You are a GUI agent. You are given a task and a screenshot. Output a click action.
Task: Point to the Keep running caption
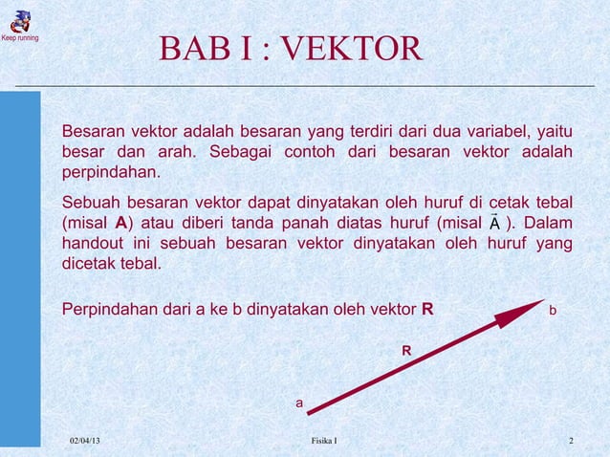[19, 38]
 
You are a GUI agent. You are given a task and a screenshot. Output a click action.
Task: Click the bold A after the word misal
[120, 223]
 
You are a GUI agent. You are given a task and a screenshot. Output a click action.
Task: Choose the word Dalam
[549, 223]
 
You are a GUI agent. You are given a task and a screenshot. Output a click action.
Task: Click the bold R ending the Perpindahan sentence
[427, 310]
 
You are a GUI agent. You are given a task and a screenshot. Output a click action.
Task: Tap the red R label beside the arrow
[406, 352]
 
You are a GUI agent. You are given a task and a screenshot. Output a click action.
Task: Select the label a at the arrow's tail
[299, 404]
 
